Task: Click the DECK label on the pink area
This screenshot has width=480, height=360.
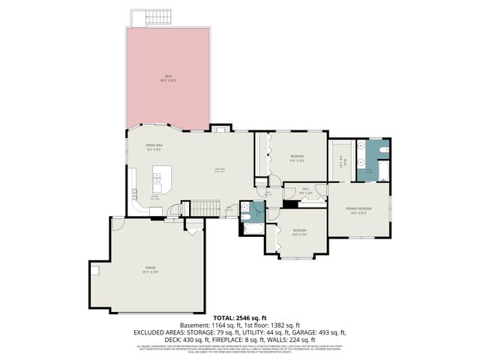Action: pyautogui.click(x=168, y=77)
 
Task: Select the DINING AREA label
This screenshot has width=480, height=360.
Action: pyautogui.click(x=154, y=147)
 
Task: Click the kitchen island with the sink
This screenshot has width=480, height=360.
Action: pyautogui.click(x=161, y=179)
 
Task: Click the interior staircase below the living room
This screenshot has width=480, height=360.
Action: pyautogui.click(x=204, y=208)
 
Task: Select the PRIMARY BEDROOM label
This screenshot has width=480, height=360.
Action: pyautogui.click(x=358, y=209)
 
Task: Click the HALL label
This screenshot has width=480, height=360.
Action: pyautogui.click(x=306, y=190)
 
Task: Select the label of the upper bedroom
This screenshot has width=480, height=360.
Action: pyautogui.click(x=296, y=158)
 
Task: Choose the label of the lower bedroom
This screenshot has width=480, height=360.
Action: pyautogui.click(x=299, y=232)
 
